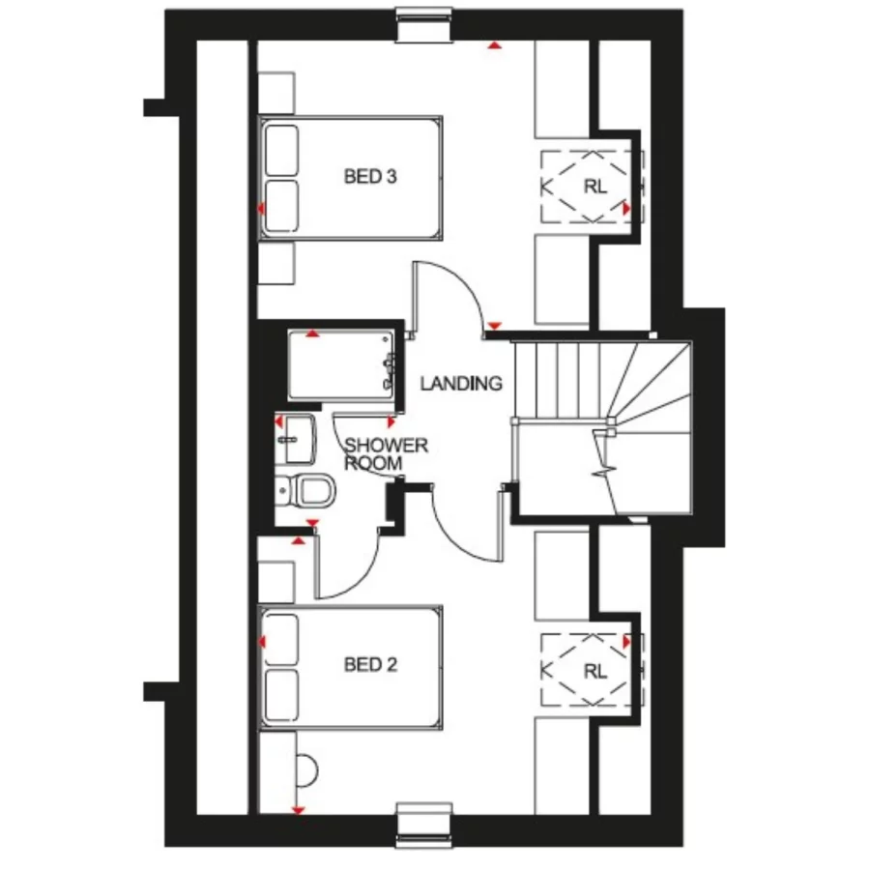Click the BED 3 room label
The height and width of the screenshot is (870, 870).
[x=371, y=177]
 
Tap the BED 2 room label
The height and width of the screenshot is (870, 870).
[x=371, y=664]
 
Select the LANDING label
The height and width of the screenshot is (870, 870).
[x=461, y=384]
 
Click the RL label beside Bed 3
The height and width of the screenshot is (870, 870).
[x=594, y=187]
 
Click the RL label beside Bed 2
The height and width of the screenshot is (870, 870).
[x=594, y=671]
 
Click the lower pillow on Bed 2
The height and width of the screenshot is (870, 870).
[x=280, y=694]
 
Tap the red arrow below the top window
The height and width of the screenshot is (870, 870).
[x=495, y=44]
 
